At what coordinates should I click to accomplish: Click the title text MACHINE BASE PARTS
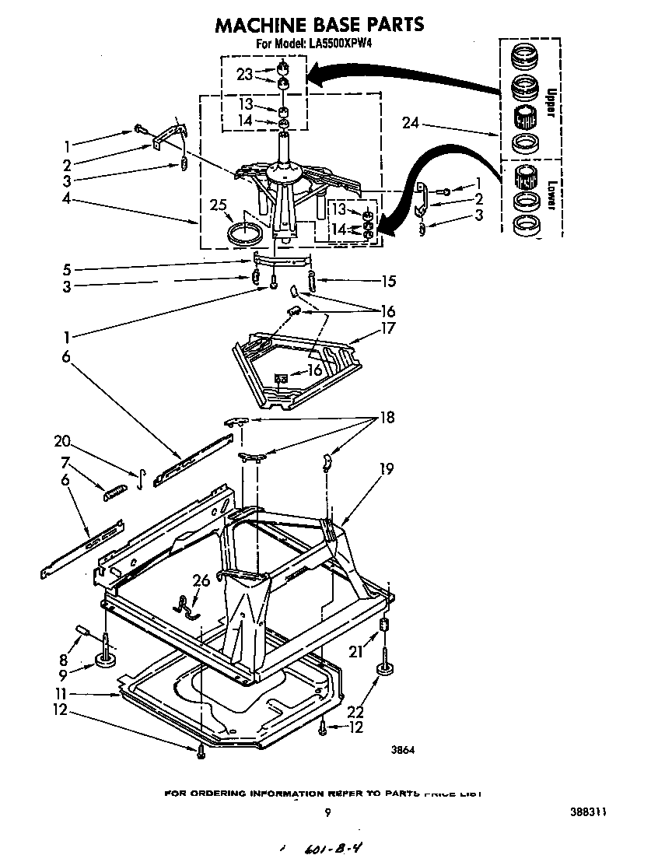pyautogui.click(x=319, y=24)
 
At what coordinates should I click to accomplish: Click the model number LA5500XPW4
pyautogui.click(x=345, y=44)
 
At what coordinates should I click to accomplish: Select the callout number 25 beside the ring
pyautogui.click(x=219, y=205)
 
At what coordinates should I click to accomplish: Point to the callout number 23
pyautogui.click(x=245, y=75)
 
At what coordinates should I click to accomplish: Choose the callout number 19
pyautogui.click(x=387, y=468)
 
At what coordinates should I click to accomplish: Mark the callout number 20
pyautogui.click(x=62, y=441)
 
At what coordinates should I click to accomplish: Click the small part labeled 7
pyautogui.click(x=117, y=492)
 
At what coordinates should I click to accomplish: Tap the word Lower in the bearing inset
pyautogui.click(x=549, y=194)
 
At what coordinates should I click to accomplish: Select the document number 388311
pyautogui.click(x=586, y=812)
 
